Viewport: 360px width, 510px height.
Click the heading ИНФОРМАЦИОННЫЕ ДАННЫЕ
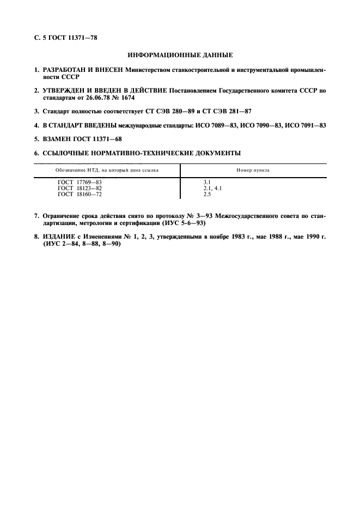tap(180, 55)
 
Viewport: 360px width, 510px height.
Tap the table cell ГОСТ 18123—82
tap(80, 188)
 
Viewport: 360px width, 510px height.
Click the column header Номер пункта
tap(253, 170)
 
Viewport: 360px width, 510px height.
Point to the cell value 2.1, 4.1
tap(212, 188)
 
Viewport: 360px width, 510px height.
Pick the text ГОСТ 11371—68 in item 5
tap(102, 138)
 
